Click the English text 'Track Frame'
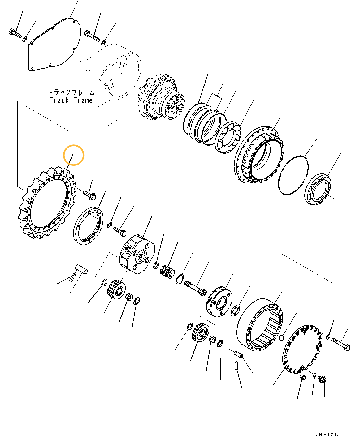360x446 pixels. [71, 100]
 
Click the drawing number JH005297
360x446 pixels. [327, 435]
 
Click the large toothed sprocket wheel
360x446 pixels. [46, 204]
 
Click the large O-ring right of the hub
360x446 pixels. [293, 175]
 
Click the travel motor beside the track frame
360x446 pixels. [161, 97]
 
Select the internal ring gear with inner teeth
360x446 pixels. [260, 325]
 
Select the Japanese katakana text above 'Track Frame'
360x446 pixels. [71, 92]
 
